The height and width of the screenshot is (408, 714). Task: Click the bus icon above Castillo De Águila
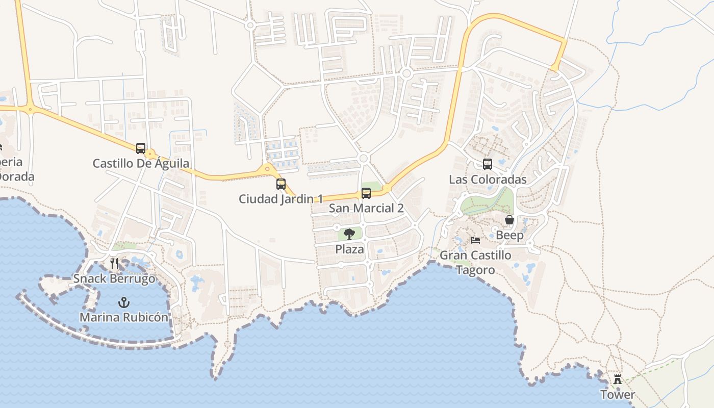point(141,148)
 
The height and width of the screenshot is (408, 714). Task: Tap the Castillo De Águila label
point(141,164)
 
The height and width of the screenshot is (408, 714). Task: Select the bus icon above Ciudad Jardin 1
point(281,184)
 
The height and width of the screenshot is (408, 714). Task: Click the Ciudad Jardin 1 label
point(281,199)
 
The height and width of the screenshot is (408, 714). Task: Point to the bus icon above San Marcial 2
point(366,193)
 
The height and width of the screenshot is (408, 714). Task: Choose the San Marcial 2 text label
point(366,208)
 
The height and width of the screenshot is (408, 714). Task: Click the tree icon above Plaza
point(349,235)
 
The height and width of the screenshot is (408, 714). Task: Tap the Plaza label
point(349,249)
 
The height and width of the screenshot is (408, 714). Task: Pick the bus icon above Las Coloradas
point(488,164)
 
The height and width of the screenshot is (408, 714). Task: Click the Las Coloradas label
point(488,180)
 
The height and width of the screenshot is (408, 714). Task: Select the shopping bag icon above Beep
point(509,220)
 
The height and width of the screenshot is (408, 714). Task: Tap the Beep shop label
point(509,235)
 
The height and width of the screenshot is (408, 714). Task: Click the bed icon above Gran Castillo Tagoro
point(475,240)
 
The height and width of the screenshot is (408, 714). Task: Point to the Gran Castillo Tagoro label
point(475,262)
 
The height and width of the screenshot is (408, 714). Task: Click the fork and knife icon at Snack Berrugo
point(114,264)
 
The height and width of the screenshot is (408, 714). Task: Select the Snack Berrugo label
point(114,279)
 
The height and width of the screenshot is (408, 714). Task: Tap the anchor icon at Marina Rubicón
point(123,302)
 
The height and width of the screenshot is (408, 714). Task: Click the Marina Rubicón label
point(123,317)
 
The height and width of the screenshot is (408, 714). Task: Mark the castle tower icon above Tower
point(618,379)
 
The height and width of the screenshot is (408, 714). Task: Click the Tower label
point(618,394)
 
